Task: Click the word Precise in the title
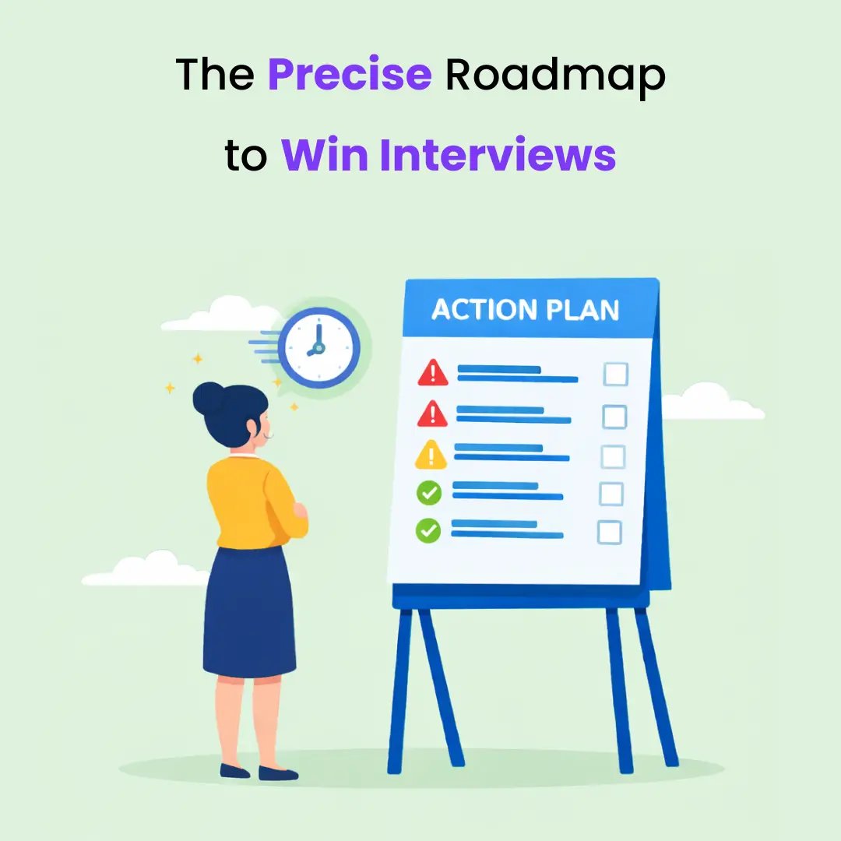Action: point(349,75)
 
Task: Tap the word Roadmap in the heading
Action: point(555,75)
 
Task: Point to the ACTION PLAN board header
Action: point(526,310)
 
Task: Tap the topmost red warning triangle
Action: point(433,374)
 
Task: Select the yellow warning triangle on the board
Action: point(431,456)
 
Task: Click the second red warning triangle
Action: point(432,414)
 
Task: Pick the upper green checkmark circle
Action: point(429,492)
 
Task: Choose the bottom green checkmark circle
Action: point(428,531)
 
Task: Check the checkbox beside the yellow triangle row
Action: point(613,456)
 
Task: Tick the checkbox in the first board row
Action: point(616,375)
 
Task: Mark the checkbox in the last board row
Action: point(609,533)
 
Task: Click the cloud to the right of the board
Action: point(713,403)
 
